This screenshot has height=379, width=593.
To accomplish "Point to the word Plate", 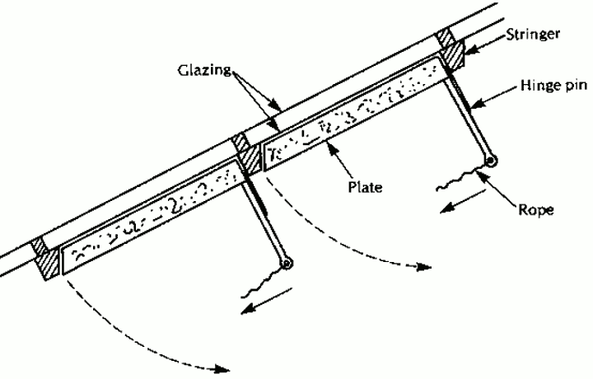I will pos(362,187).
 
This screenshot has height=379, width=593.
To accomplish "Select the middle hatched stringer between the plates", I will pos(245,153).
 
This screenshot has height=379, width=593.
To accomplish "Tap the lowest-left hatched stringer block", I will pos(48,259).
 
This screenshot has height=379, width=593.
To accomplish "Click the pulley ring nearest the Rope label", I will pos(491,161).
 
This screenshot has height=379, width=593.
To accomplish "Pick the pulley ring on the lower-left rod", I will pos(286,264).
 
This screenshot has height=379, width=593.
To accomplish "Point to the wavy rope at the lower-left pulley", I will pos(262,283).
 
